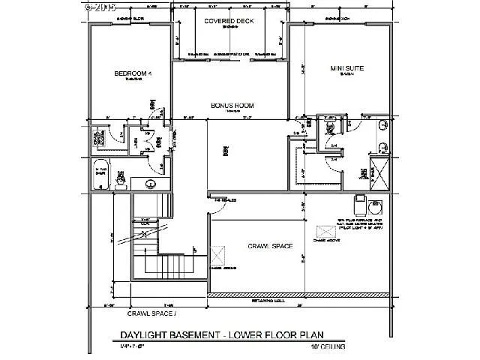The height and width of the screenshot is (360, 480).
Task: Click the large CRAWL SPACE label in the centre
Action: click(269, 246)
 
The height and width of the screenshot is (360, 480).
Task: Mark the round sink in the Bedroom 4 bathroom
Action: click(150, 182)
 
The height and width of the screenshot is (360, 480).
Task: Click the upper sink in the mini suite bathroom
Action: click(381, 125)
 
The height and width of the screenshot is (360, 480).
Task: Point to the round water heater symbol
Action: click(376, 205)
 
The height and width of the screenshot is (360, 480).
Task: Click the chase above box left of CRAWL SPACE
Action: click(218, 255)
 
